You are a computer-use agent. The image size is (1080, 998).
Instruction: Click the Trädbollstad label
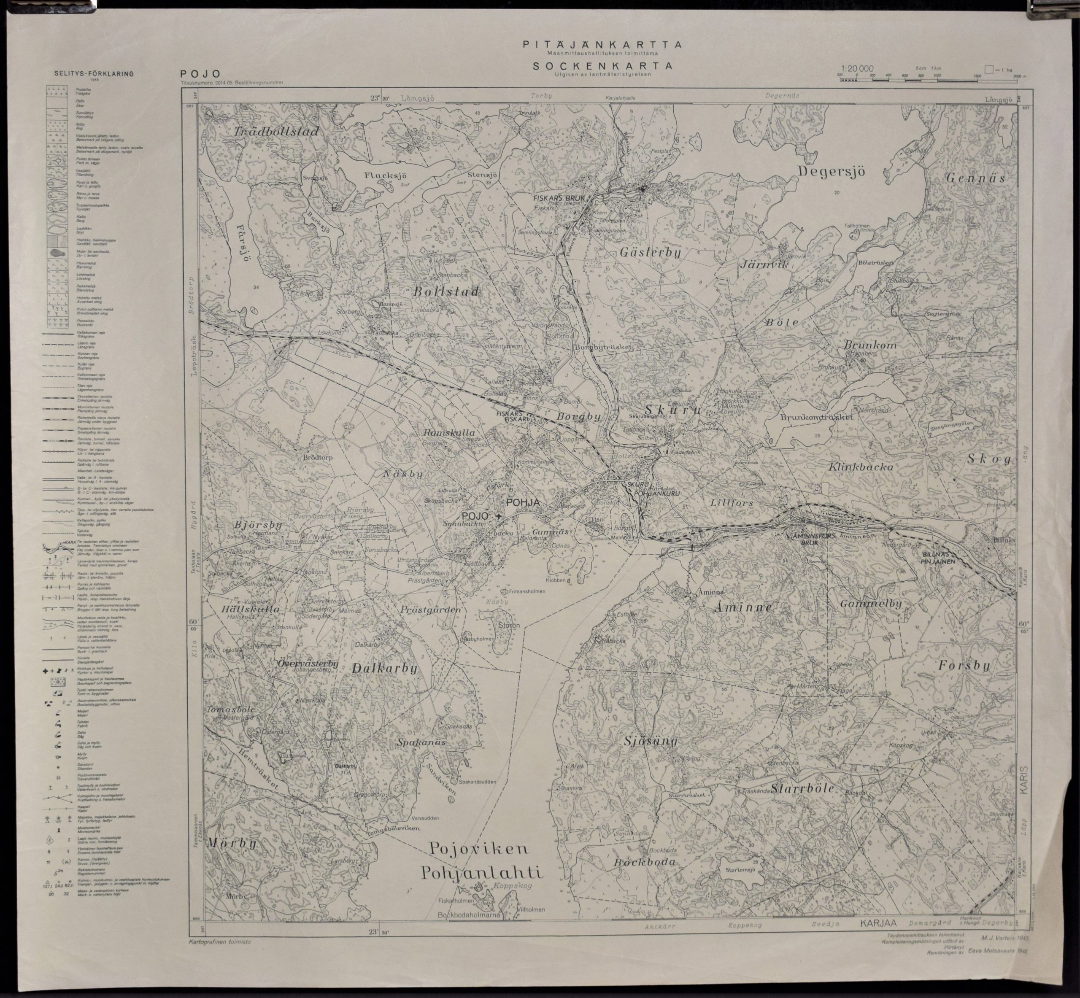coord(277,131)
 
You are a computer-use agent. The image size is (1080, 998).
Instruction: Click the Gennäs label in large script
coord(975,178)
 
